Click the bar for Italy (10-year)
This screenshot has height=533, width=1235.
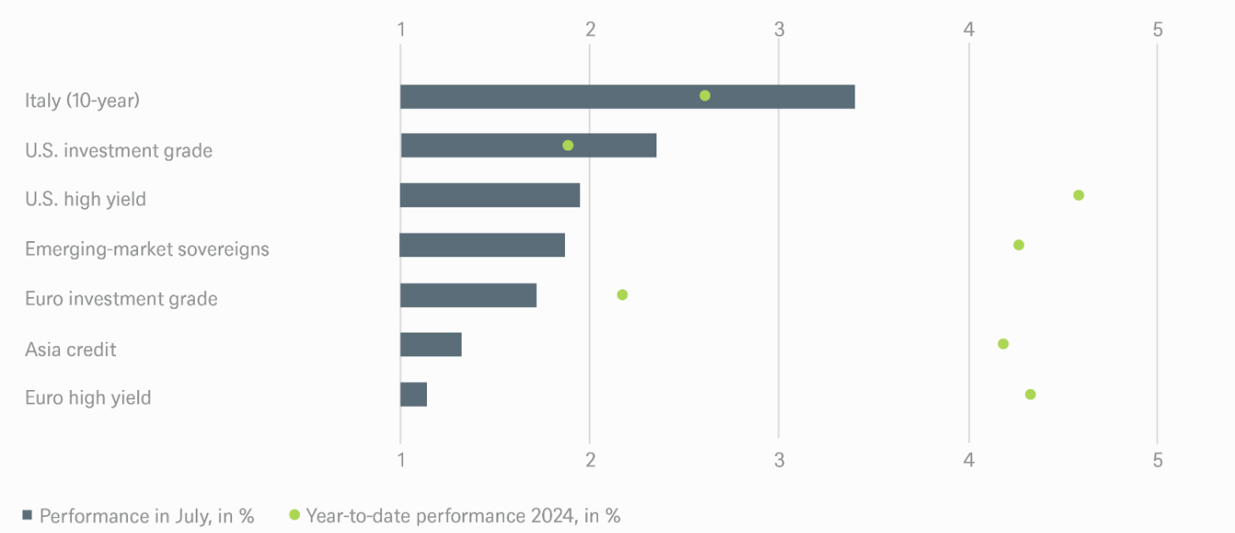tap(627, 96)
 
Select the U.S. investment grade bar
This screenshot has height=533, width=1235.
tap(528, 146)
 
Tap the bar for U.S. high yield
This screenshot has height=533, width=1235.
tap(490, 195)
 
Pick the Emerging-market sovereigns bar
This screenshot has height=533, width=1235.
tap(482, 245)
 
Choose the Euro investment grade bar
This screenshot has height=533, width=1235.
tap(468, 295)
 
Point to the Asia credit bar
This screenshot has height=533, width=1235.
tap(430, 344)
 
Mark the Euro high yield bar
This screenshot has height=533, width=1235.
tap(413, 394)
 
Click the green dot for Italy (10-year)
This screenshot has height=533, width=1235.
tap(705, 96)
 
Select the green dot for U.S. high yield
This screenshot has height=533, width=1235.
tap(1078, 195)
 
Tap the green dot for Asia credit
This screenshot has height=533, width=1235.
tap(1003, 344)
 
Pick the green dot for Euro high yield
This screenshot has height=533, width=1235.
tap(1030, 394)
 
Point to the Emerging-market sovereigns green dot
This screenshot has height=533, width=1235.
tap(1018, 245)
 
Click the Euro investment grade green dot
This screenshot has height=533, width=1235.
tap(623, 295)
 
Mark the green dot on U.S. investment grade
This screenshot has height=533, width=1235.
tap(568, 146)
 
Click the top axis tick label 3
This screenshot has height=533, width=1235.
tap(779, 30)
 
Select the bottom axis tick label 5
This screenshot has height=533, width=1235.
tap(1158, 460)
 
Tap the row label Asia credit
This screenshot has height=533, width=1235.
tap(70, 349)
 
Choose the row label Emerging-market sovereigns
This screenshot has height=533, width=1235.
tap(147, 249)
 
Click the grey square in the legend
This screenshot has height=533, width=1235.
tap(27, 515)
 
